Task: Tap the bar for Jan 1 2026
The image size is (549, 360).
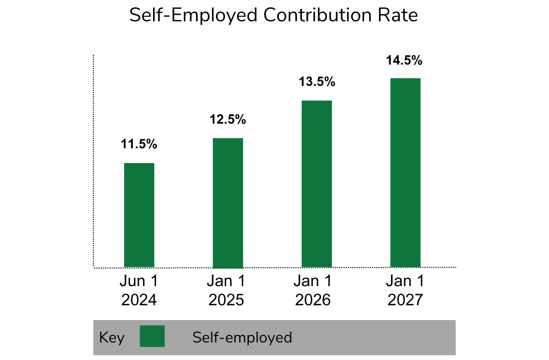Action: (317, 184)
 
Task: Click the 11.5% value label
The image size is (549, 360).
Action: (139, 144)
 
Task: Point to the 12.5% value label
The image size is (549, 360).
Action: (227, 119)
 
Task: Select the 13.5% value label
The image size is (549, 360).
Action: (317, 82)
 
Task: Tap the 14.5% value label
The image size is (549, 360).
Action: (405, 60)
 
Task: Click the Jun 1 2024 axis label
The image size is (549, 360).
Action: (139, 291)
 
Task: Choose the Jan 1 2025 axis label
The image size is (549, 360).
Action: (226, 291)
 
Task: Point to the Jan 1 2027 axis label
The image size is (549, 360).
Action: (405, 291)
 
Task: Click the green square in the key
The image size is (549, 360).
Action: (152, 336)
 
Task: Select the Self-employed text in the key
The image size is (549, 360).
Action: (242, 338)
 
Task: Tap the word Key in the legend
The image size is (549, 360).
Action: (112, 338)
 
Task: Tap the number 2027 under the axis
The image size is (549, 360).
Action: (405, 300)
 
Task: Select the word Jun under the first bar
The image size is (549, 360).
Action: (132, 282)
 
